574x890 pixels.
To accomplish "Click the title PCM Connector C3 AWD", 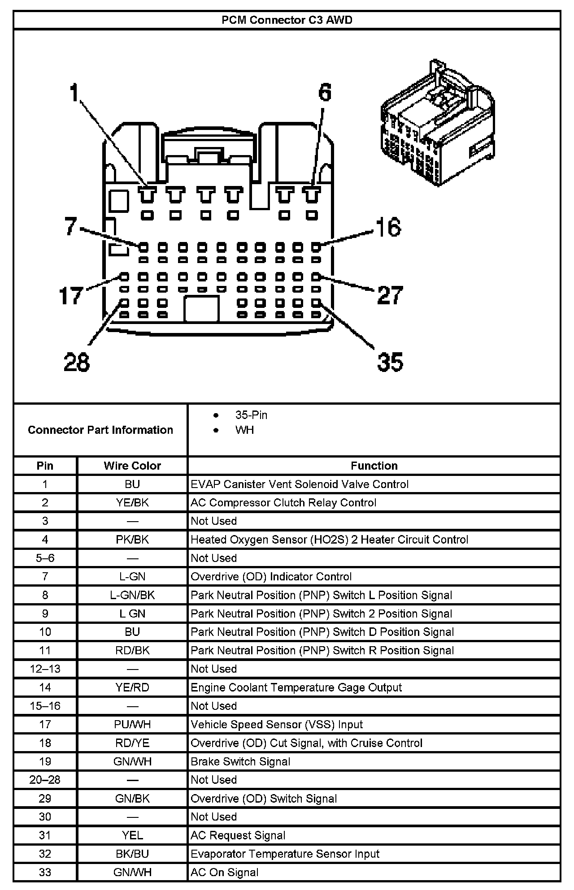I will (287, 20).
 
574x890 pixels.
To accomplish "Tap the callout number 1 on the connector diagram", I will (74, 94).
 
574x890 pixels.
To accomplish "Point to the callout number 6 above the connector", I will (325, 92).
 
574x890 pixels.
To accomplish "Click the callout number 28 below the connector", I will (76, 362).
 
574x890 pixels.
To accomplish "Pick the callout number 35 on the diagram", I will (390, 362).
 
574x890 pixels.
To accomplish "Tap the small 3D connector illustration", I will (438, 123).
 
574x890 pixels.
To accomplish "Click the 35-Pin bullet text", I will (251, 415).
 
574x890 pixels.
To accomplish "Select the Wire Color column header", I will (132, 466).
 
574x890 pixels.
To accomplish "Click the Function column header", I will (374, 466).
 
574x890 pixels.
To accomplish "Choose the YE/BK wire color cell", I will (132, 502).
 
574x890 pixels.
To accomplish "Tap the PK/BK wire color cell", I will (132, 540).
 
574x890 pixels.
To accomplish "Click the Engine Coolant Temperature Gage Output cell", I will (296, 687).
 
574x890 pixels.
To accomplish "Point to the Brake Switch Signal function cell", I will (240, 761).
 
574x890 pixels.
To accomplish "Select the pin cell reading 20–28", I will (45, 780).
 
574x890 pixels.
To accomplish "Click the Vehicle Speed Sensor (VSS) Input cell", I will (277, 725).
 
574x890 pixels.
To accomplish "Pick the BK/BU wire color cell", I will (132, 854).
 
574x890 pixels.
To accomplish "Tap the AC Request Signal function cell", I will (238, 835).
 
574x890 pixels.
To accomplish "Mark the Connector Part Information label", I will (100, 430).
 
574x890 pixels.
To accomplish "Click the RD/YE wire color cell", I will (132, 743).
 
